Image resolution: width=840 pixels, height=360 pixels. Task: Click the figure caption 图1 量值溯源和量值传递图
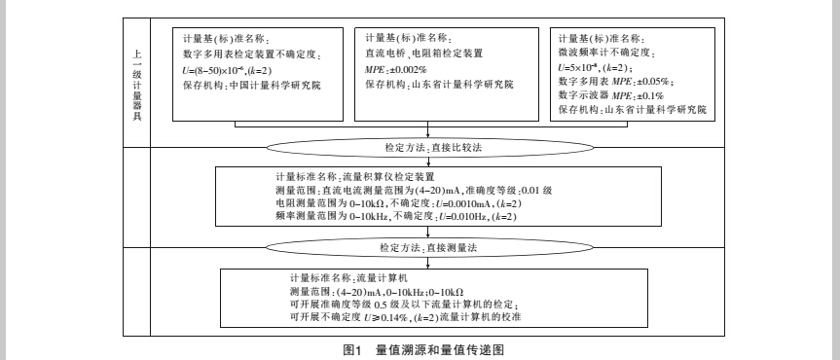coord(420,347)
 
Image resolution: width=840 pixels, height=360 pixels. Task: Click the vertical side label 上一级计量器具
coord(137,82)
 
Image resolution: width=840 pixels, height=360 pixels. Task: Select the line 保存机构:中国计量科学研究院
coord(251,86)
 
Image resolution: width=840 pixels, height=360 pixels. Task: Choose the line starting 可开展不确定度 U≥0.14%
coord(394,318)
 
